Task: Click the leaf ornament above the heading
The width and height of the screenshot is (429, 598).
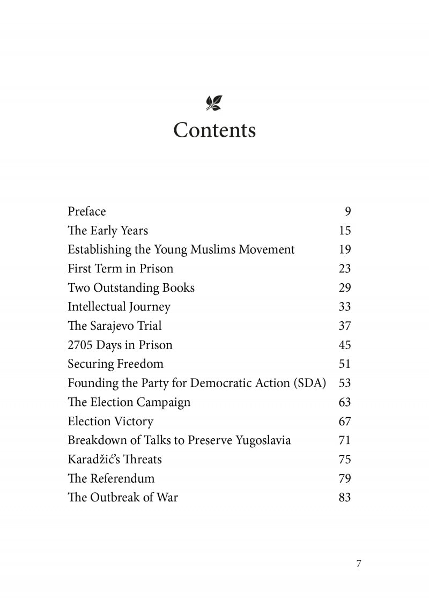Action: click(x=214, y=103)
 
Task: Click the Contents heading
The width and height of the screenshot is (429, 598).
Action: click(x=214, y=130)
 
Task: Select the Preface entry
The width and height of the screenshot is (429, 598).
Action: click(x=87, y=211)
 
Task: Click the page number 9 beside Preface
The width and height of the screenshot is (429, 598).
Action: click(x=347, y=211)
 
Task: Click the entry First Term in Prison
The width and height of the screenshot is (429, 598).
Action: click(x=121, y=268)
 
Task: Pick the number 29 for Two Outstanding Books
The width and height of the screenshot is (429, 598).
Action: click(x=345, y=287)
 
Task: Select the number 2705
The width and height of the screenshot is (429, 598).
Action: click(x=80, y=345)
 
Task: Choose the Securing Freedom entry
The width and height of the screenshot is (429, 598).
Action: click(x=115, y=364)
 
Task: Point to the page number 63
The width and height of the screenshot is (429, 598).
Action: click(x=345, y=402)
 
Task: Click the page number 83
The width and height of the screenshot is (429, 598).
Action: click(x=345, y=497)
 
